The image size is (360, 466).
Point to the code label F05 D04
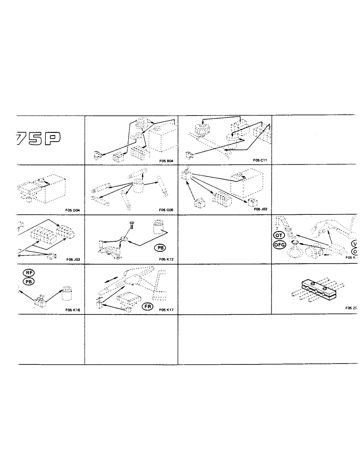pos(73,210)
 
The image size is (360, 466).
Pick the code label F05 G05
pos(166,210)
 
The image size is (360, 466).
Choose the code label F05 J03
pos(73,259)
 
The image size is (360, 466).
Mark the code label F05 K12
pos(166,259)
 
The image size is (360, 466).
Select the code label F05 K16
pos(73,309)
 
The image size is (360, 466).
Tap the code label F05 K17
pos(166,309)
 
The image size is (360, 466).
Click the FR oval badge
pos(147,306)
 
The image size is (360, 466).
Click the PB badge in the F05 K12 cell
pos(161,248)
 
